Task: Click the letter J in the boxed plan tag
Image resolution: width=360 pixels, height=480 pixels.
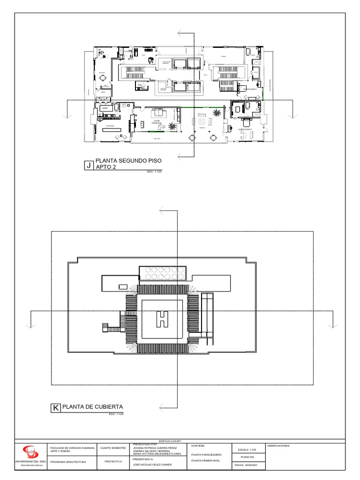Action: (x=88, y=165)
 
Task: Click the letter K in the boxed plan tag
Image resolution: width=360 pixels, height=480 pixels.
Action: (x=55, y=408)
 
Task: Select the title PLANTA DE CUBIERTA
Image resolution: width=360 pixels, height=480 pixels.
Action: (x=92, y=406)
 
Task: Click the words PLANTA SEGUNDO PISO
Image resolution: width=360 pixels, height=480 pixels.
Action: (x=128, y=161)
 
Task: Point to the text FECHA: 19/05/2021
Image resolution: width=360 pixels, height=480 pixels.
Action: (x=248, y=465)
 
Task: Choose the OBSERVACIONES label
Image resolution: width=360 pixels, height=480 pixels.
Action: (x=279, y=446)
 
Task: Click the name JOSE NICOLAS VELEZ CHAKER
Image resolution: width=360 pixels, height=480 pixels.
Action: (x=152, y=465)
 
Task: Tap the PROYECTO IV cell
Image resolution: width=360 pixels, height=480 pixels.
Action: (x=113, y=462)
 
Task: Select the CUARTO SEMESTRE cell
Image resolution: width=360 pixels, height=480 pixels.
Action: (x=113, y=448)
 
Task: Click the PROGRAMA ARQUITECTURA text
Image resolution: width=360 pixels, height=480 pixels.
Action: (x=68, y=462)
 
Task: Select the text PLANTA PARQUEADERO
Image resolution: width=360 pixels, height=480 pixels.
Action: (x=203, y=455)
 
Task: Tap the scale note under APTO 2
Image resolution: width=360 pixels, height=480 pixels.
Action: (x=154, y=172)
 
